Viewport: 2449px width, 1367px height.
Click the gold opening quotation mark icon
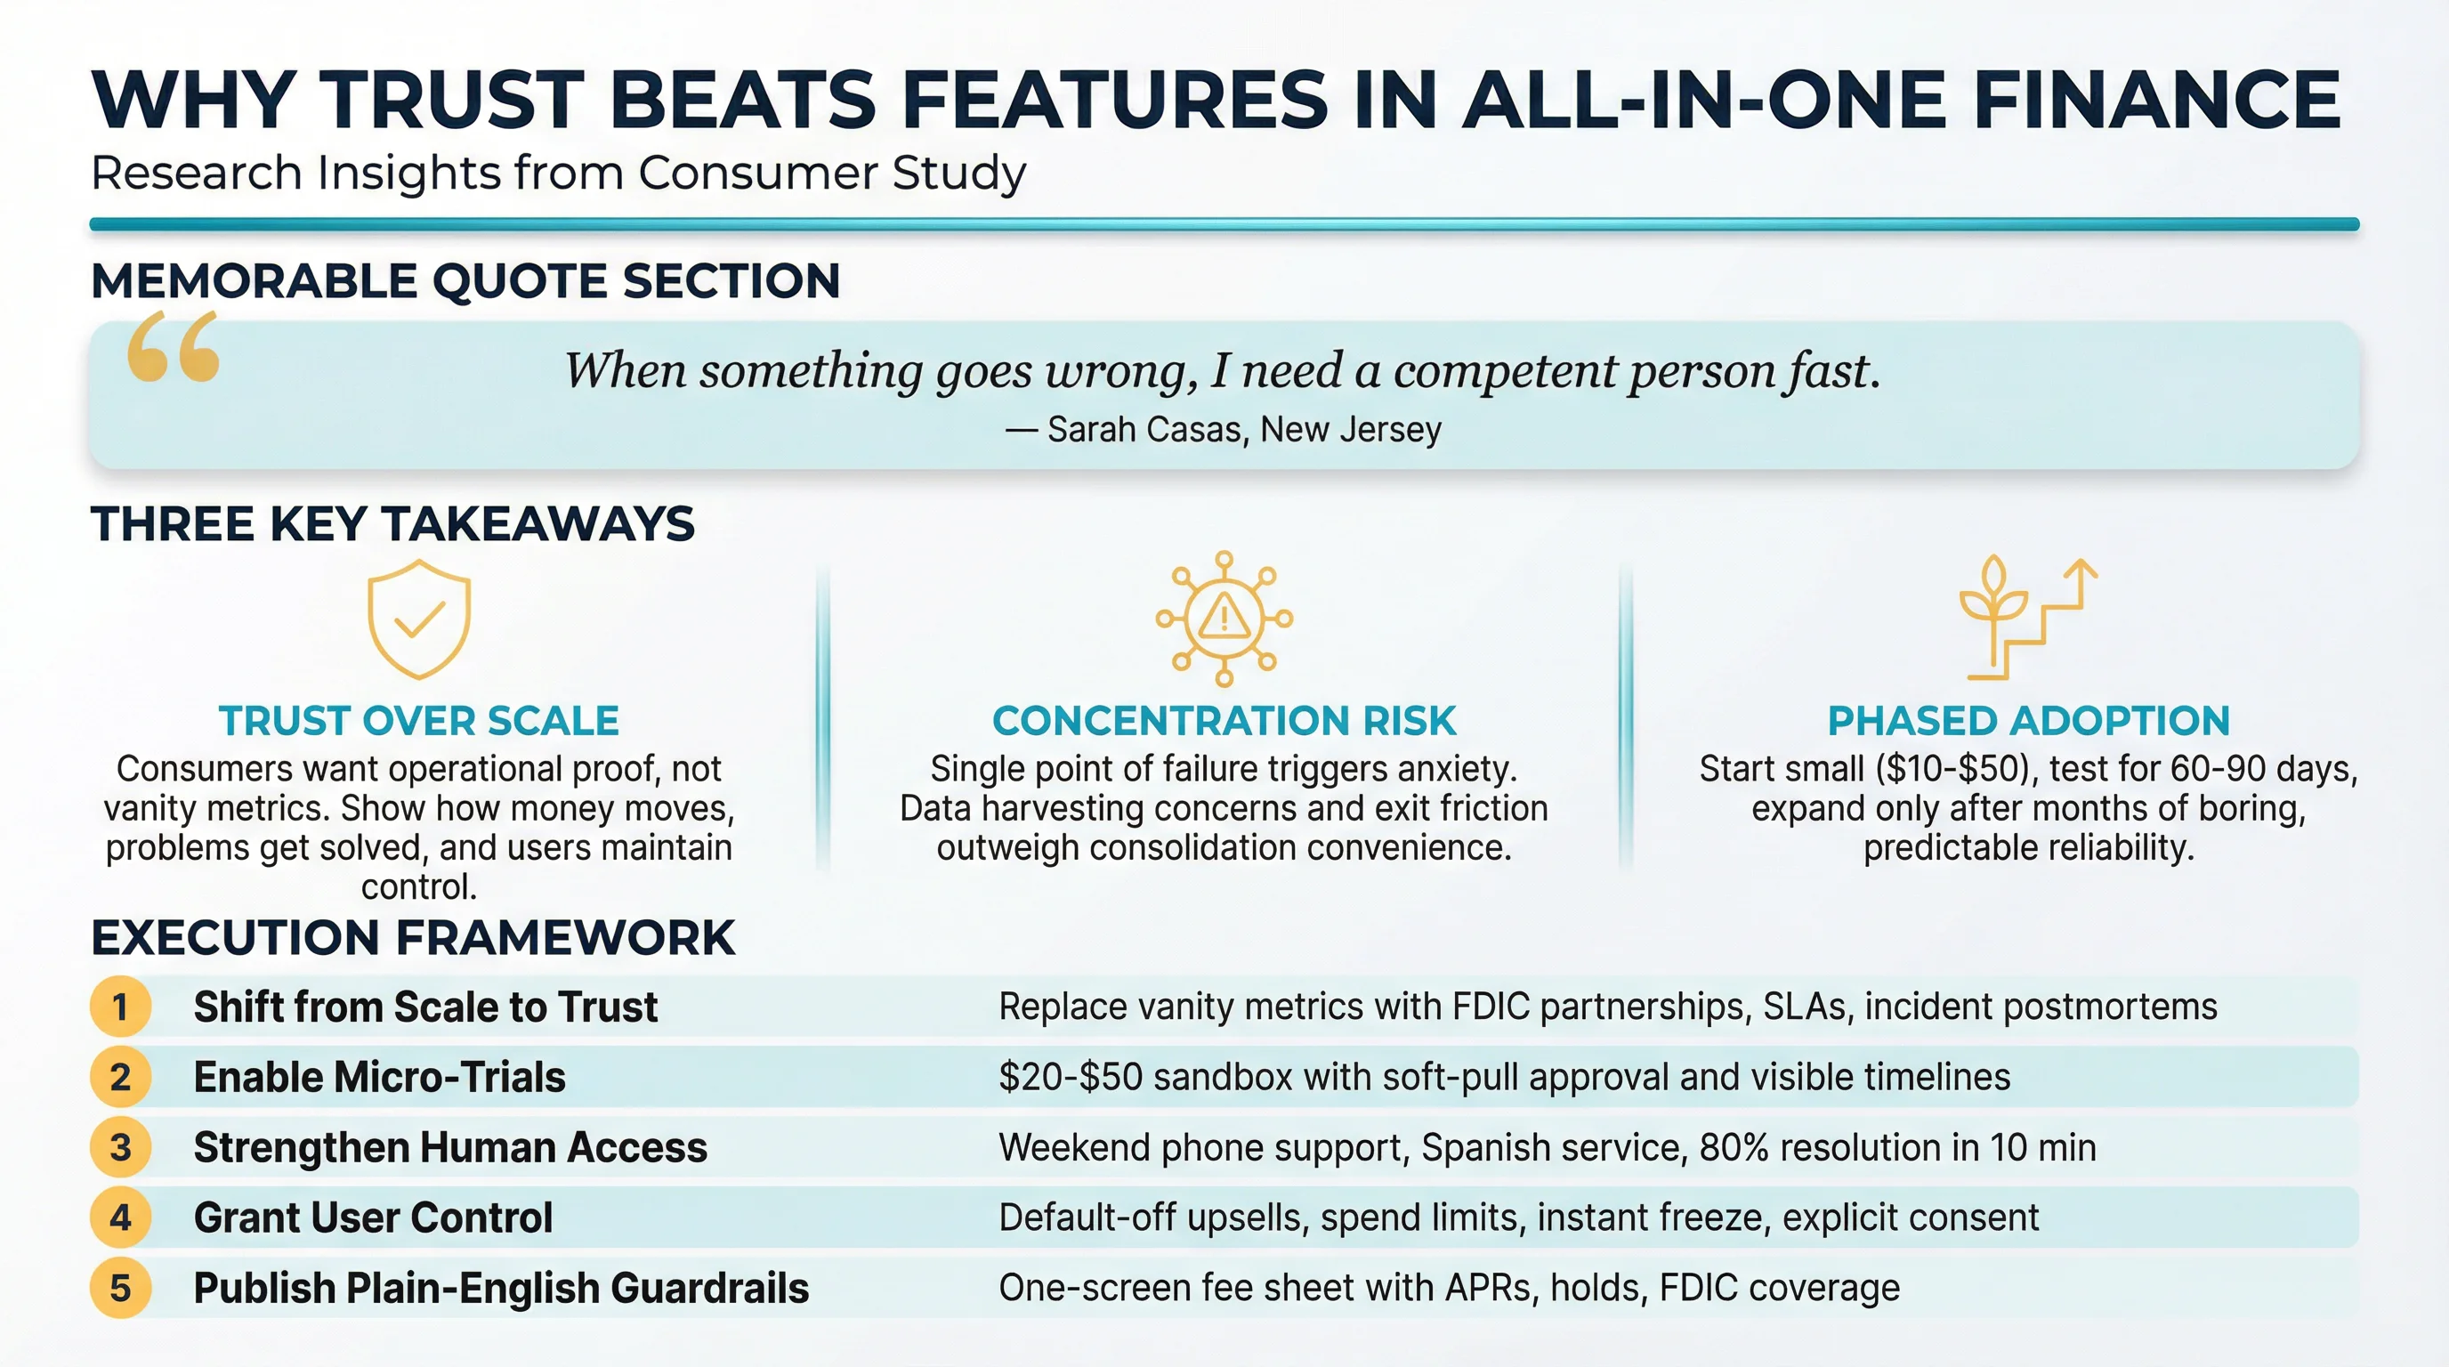point(173,347)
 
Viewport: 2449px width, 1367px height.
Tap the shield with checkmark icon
point(418,618)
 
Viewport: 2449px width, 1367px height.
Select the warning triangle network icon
point(1224,619)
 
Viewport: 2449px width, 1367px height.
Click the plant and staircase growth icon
point(2027,618)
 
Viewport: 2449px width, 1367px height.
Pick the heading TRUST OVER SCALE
point(418,721)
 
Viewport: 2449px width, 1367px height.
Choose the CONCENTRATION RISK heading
point(1224,721)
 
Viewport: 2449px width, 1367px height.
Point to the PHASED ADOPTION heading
point(2028,721)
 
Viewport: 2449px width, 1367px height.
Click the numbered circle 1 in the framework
point(121,1007)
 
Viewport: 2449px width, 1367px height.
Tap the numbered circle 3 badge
point(121,1147)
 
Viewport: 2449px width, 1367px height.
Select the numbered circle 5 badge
point(121,1288)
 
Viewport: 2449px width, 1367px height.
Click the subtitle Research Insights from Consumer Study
point(558,173)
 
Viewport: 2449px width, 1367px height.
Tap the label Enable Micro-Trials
point(379,1077)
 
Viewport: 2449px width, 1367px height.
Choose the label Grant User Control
point(373,1217)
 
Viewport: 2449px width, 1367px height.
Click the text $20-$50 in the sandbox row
point(1070,1077)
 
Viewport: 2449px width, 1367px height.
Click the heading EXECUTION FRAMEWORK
point(413,937)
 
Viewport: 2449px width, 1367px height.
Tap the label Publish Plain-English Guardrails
point(501,1288)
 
